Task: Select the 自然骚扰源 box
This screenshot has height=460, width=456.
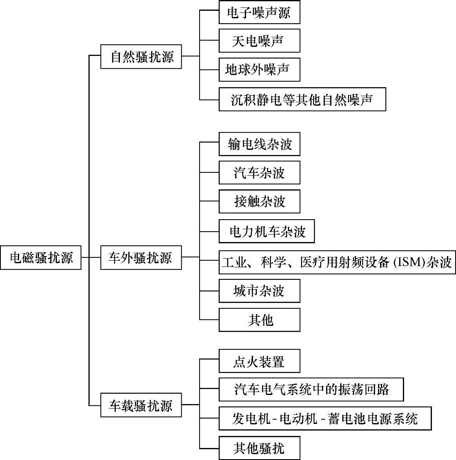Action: pyautogui.click(x=141, y=57)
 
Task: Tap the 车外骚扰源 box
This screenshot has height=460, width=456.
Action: pyautogui.click(x=141, y=258)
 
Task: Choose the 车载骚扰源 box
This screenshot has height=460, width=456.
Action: pyautogui.click(x=141, y=405)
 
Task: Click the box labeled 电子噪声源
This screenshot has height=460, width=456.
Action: pyautogui.click(x=259, y=13)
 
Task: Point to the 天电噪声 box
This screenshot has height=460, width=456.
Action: pyautogui.click(x=259, y=41)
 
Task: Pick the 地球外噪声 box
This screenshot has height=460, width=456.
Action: pyautogui.click(x=259, y=70)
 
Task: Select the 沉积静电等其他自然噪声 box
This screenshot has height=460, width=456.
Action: pyautogui.click(x=302, y=99)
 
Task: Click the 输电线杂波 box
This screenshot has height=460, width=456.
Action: pyautogui.click(x=259, y=144)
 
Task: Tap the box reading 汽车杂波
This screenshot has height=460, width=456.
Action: pyautogui.click(x=259, y=172)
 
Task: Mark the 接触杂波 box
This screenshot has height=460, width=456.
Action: pyautogui.click(x=259, y=201)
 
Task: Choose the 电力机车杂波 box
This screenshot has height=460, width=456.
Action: pyautogui.click(x=267, y=231)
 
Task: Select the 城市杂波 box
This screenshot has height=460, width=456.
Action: pyautogui.click(x=259, y=291)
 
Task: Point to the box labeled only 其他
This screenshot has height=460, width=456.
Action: pyautogui.click(x=259, y=320)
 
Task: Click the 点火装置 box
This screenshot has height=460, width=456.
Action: pyautogui.click(x=259, y=361)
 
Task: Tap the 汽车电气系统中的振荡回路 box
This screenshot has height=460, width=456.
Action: pyautogui.click(x=311, y=390)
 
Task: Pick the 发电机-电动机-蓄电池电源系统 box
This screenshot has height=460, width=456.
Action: pyautogui.click(x=325, y=419)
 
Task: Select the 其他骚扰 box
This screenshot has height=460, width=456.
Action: pyautogui.click(x=259, y=448)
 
